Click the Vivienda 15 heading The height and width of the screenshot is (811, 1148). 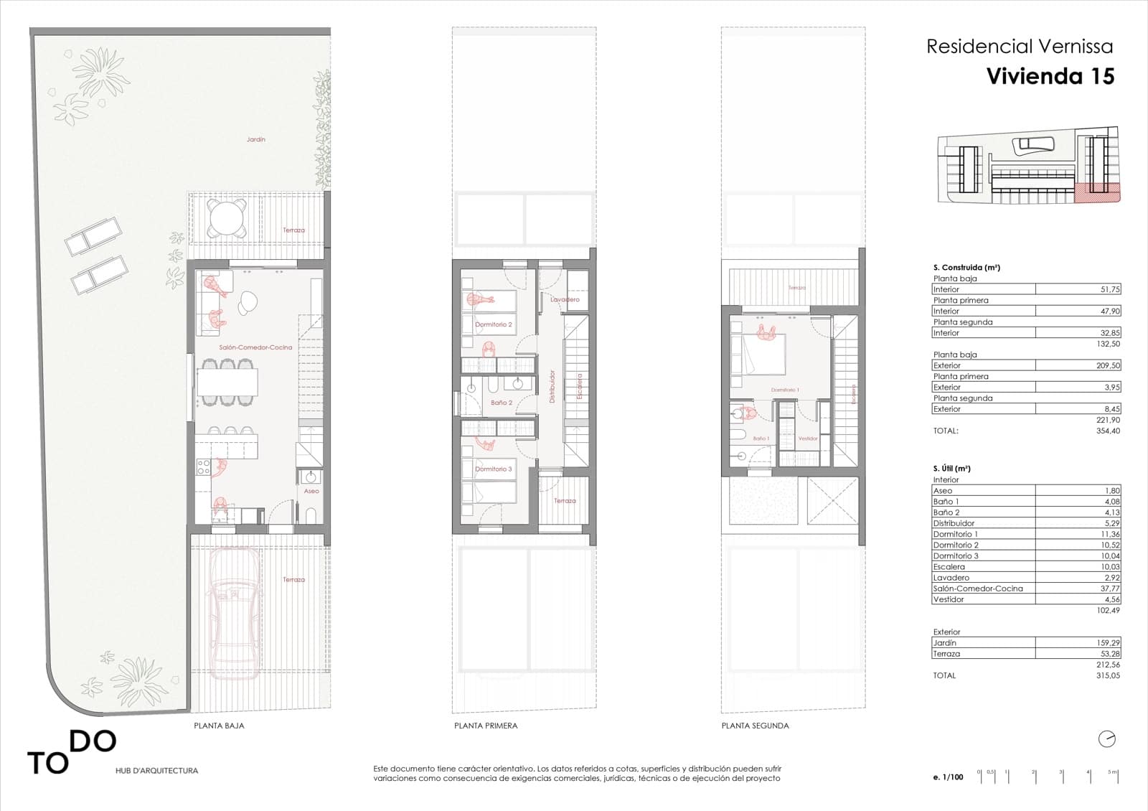(1050, 76)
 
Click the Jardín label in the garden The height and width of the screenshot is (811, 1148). (256, 139)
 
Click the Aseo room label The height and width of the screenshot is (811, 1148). (311, 491)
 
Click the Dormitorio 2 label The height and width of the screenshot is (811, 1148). (494, 325)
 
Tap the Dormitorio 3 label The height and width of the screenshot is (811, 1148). (494, 469)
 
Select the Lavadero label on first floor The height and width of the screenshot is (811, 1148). (565, 299)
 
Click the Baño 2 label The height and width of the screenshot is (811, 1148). (502, 403)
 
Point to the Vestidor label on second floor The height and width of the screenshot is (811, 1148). (808, 438)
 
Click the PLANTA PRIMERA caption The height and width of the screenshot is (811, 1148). (486, 726)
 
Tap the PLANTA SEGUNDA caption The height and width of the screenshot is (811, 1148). (755, 726)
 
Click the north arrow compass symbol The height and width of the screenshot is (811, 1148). (1107, 739)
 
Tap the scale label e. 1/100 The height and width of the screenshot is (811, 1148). (949, 777)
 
